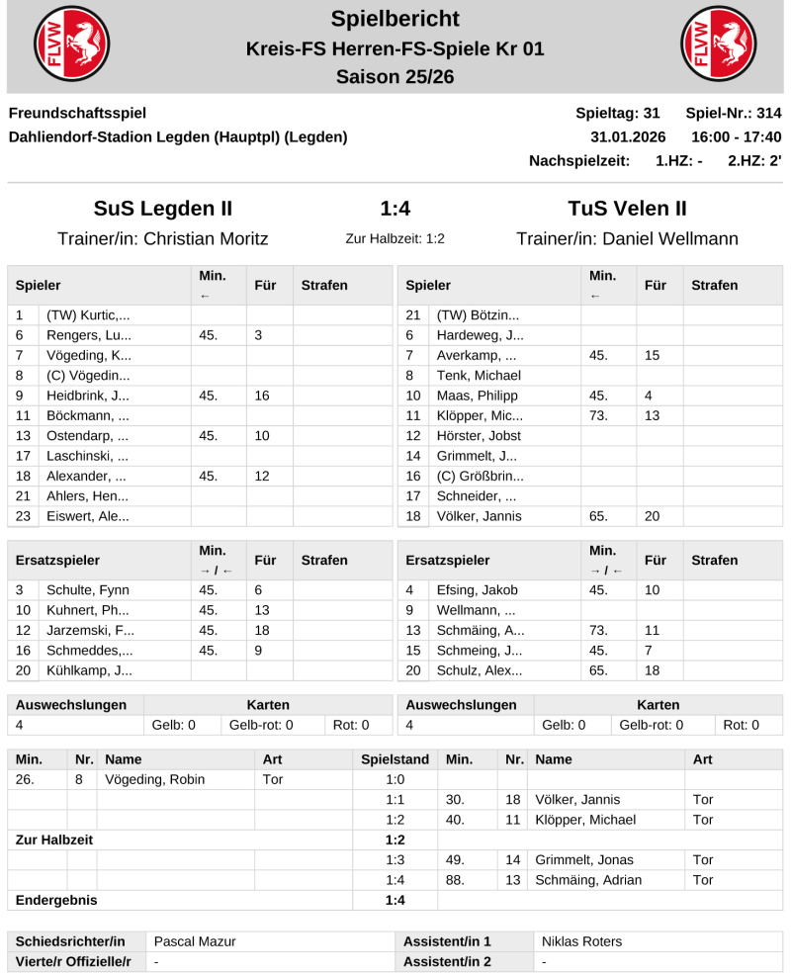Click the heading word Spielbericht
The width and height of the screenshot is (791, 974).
coord(395,18)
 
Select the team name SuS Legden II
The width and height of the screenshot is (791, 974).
coord(163,209)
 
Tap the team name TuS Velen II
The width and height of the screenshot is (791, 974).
coord(627,209)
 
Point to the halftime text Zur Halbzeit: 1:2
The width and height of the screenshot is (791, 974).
coord(395,239)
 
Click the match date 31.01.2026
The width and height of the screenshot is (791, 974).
coord(628,136)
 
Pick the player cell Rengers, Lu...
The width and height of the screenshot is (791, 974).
coord(88,335)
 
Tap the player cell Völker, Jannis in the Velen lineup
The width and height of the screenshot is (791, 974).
coord(480,516)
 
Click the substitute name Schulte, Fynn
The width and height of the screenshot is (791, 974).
coord(88,590)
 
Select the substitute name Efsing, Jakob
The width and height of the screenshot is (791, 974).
coord(478,590)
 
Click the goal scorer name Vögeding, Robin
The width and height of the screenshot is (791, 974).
coord(154,779)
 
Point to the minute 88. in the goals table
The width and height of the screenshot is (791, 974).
coord(456,880)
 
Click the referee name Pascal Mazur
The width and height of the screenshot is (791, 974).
coord(194,941)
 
